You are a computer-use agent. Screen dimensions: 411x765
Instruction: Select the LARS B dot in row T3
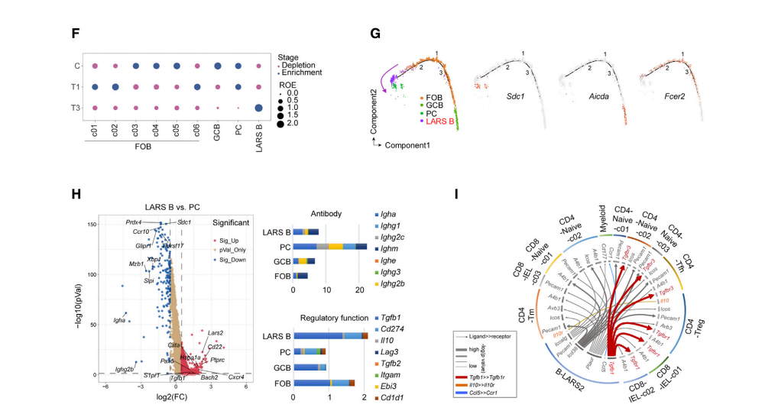pyautogui.click(x=259, y=108)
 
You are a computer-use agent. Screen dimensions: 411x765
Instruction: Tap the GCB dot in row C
pyautogui.click(x=218, y=66)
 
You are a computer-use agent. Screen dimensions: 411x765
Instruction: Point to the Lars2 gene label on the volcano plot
pyautogui.click(x=216, y=333)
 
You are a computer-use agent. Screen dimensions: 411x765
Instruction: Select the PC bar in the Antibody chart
pyautogui.click(x=330, y=246)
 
